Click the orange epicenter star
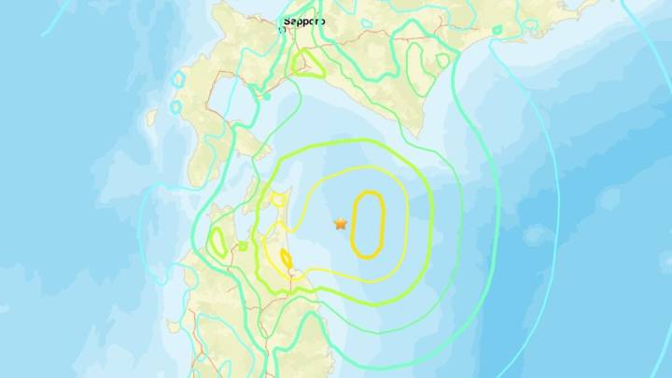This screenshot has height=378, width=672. [341, 223]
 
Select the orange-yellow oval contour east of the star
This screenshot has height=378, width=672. [368, 224]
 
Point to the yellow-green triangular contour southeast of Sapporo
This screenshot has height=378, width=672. [307, 65]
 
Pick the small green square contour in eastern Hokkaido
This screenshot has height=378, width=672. [497, 30]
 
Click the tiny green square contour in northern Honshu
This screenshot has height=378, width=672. [243, 246]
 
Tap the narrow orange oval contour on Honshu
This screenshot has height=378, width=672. [286, 259]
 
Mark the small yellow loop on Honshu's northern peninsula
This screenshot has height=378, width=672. [278, 198]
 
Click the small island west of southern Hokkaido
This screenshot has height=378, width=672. [152, 117]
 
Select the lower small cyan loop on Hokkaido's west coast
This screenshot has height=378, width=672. [175, 106]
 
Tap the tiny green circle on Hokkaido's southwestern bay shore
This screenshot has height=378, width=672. [268, 94]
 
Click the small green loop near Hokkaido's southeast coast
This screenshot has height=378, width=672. [442, 60]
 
